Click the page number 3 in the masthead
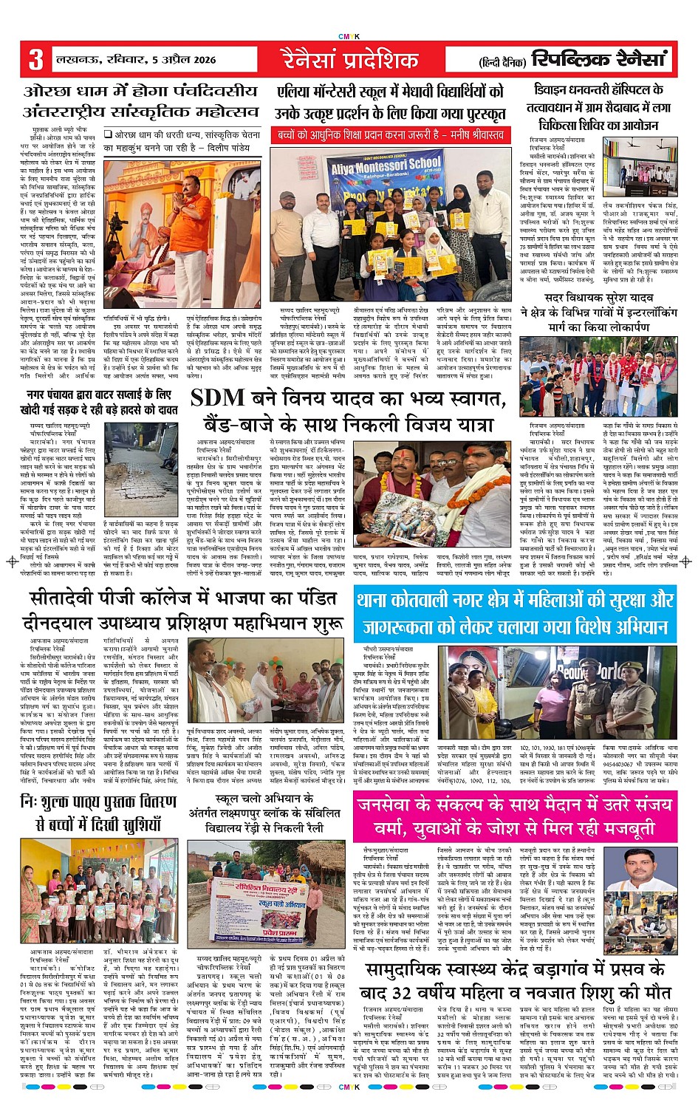35,59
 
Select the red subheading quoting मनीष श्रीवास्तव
390,135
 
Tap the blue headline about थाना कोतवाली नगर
515,613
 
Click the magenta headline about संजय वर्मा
515,816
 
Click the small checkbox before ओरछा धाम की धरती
107,134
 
